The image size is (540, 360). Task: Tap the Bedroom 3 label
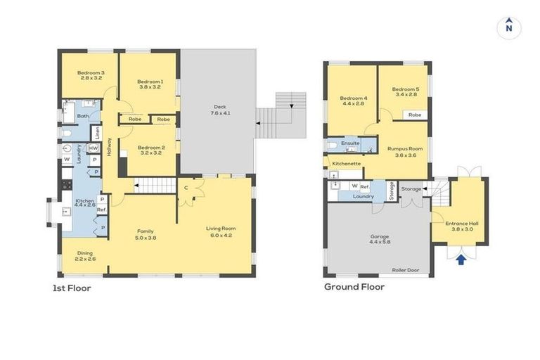[91, 75]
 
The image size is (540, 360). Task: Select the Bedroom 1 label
[150, 84]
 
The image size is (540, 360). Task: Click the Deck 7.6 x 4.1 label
[222, 110]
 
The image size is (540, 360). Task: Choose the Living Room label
[221, 231]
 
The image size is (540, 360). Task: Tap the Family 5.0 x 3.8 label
[146, 234]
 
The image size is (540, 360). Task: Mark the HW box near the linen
[94, 148]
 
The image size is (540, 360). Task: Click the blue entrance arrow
[461, 260]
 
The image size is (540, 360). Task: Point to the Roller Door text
[405, 270]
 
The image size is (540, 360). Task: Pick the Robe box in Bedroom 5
[415, 114]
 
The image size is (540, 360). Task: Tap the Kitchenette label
[347, 163]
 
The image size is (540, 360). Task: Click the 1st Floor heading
[72, 288]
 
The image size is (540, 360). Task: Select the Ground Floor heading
[354, 287]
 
